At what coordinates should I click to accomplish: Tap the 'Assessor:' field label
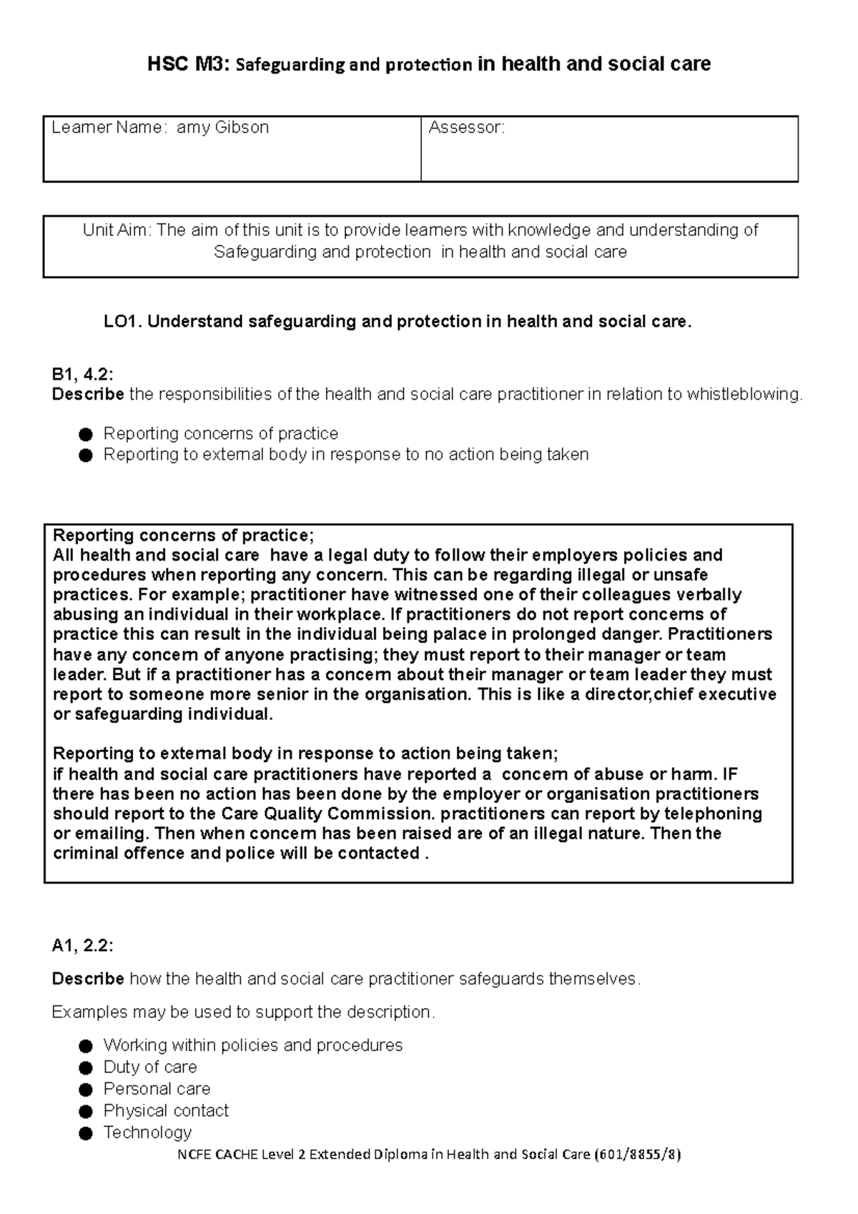[466, 128]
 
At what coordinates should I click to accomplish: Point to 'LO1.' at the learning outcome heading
[123, 322]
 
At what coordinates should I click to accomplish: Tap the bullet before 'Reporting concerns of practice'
[86, 435]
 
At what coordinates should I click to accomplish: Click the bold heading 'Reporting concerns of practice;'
[183, 536]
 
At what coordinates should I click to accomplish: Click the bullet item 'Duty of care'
[150, 1067]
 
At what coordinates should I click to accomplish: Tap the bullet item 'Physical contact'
[166, 1111]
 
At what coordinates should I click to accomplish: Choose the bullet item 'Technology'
[147, 1132]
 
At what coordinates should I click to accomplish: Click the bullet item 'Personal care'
[157, 1089]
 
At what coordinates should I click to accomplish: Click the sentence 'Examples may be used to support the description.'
[243, 1012]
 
